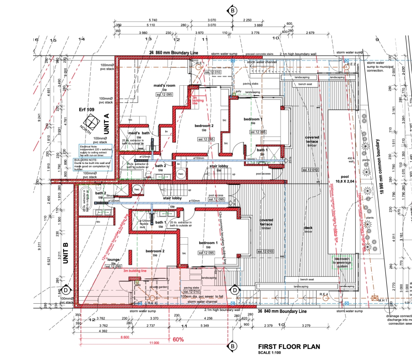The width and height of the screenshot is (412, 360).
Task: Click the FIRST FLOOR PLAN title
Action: tap(289, 347)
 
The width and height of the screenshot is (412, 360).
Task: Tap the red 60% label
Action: tap(178, 339)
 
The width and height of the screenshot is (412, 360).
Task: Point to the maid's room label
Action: tap(164, 86)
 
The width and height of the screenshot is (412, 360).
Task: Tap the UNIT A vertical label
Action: tap(106, 124)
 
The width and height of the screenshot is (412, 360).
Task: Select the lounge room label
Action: tap(113, 259)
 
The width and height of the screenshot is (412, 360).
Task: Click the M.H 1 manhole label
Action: tap(382, 300)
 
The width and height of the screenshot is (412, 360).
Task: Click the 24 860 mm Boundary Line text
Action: tap(174, 53)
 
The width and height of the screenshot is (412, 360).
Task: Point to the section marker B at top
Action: tap(233, 10)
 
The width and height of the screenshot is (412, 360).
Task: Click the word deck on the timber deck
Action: tap(308, 228)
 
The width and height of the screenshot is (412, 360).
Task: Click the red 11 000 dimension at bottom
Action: tap(153, 343)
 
